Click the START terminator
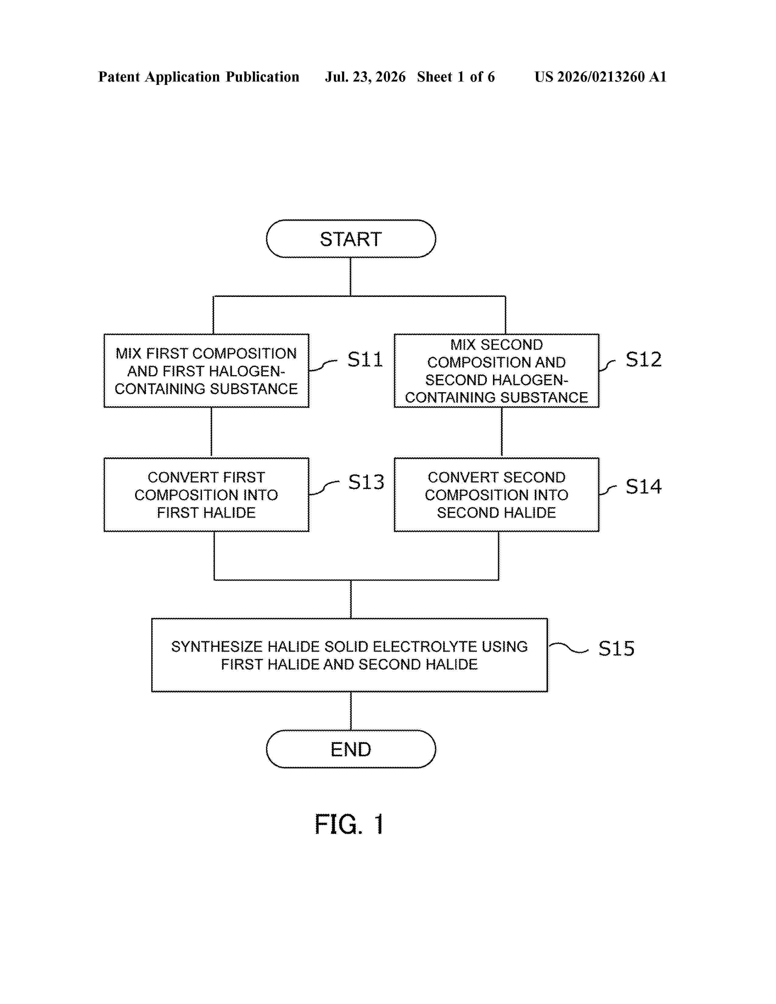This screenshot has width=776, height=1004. click(351, 239)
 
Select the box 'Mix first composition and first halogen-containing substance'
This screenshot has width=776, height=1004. click(206, 371)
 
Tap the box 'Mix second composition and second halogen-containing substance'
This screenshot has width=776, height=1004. click(497, 371)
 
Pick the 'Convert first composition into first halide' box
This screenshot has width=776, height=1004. click(206, 495)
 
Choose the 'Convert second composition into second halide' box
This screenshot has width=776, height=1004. click(497, 495)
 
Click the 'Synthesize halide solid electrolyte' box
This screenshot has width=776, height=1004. click(349, 655)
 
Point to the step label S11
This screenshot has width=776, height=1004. click(365, 359)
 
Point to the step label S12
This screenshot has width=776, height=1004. click(644, 359)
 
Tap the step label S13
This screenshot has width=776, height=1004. click(366, 482)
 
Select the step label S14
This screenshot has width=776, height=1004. click(644, 486)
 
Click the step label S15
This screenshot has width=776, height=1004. click(617, 649)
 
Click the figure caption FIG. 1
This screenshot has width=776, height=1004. click(349, 824)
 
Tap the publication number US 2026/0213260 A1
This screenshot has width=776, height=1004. click(600, 77)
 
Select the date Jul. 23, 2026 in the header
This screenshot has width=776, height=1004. click(365, 77)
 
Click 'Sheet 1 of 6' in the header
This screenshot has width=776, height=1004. click(456, 77)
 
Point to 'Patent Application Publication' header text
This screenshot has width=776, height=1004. click(199, 77)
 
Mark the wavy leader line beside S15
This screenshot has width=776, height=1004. click(569, 648)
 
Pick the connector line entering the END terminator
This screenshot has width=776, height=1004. click(351, 711)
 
